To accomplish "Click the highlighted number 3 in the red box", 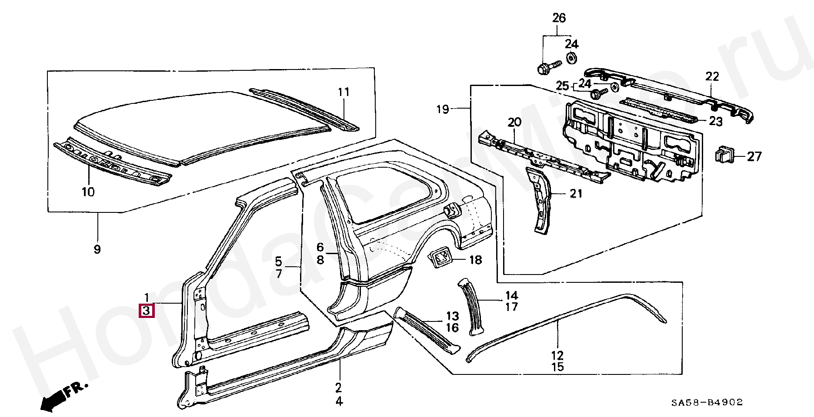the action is point(147,311).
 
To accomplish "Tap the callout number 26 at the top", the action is point(559,18).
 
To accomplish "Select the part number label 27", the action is point(754,156).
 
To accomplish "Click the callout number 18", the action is point(475,260).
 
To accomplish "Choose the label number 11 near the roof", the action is point(344,92).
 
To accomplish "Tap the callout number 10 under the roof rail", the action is point(88,192).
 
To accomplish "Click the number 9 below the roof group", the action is point(97,249).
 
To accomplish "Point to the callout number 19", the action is point(443,109).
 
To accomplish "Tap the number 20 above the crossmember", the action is point(514,122).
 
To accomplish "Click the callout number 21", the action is point(576,194).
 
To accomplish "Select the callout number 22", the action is point(712,77).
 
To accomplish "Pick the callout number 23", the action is point(715,122).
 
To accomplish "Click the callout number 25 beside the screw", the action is point(563,86).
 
